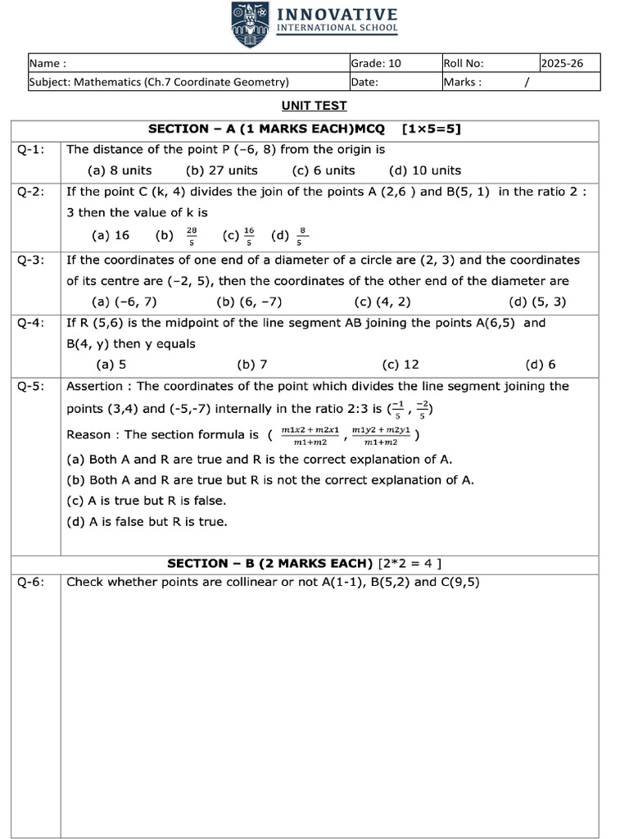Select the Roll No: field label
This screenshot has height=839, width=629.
464,63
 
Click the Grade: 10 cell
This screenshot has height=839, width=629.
376,63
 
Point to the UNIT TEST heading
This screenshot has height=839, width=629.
314,106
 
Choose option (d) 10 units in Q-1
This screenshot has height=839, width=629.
425,170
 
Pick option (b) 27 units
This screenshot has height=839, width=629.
221,170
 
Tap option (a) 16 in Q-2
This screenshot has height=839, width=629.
111,235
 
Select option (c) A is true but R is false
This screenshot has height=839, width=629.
146,500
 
